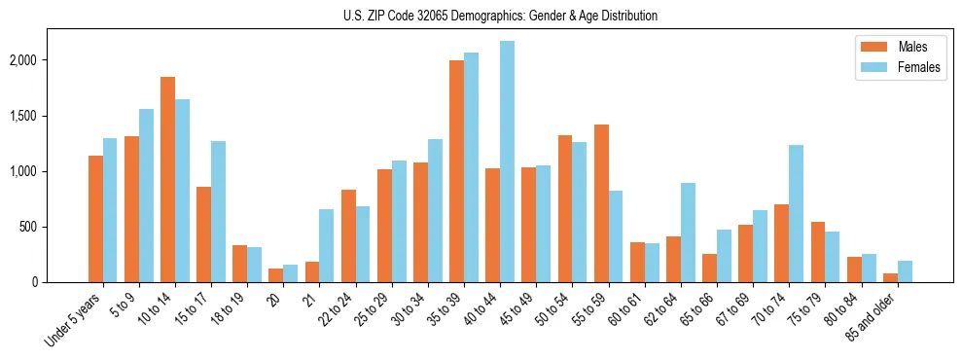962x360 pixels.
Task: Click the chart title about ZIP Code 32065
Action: click(x=500, y=16)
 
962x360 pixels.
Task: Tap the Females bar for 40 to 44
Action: click(x=507, y=162)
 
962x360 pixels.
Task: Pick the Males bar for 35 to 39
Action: click(x=456, y=171)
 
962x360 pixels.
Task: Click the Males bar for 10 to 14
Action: click(x=167, y=179)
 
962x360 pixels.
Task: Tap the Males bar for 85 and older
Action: click(x=889, y=277)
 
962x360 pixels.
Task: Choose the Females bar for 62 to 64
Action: click(x=687, y=233)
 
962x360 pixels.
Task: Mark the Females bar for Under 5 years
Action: click(x=111, y=210)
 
